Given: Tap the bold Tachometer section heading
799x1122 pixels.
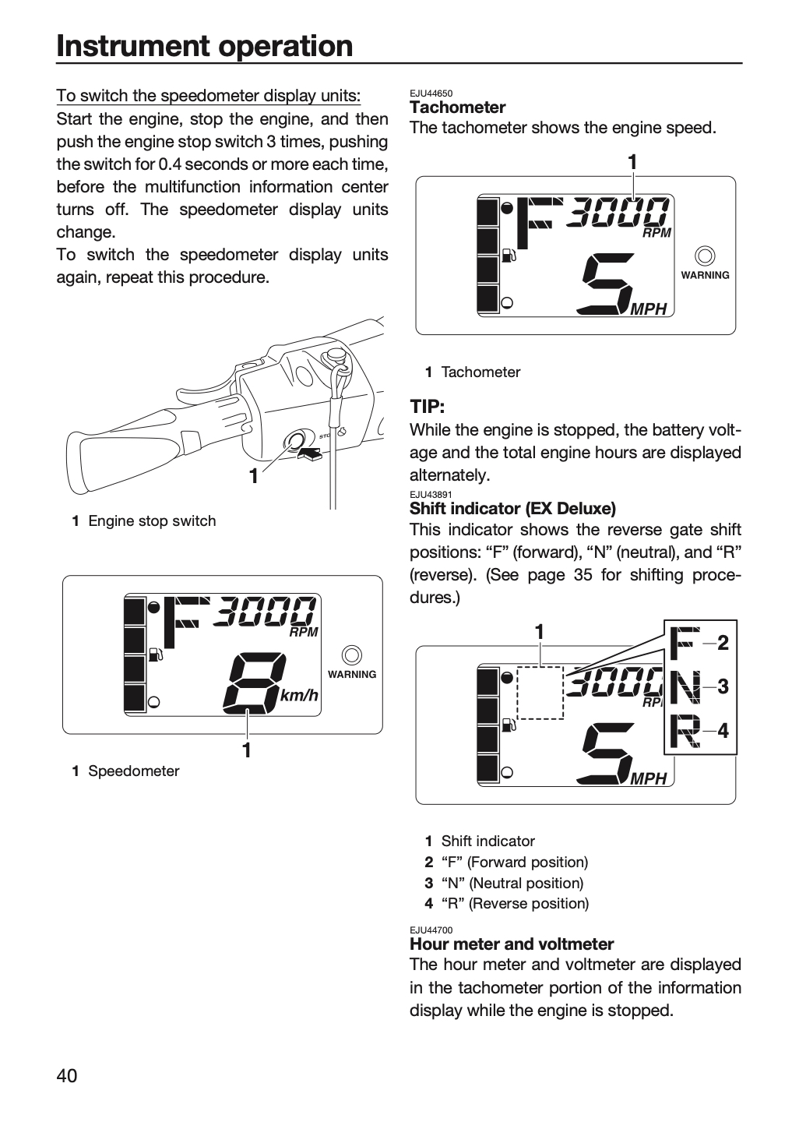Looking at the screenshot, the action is pyautogui.click(x=458, y=108).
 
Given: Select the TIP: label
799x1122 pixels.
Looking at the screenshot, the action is pyautogui.click(x=427, y=406).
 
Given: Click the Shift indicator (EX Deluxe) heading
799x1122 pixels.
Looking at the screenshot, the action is pyautogui.click(x=512, y=508).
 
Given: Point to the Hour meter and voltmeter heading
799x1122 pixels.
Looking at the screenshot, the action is pyautogui.click(x=512, y=944).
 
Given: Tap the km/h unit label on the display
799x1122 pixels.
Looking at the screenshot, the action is pyautogui.click(x=299, y=695).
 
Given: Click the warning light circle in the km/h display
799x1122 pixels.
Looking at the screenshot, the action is pyautogui.click(x=351, y=655).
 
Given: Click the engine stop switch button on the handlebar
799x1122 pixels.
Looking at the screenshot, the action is pyautogui.click(x=294, y=439).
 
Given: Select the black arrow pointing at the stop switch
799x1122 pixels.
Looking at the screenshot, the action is pyautogui.click(x=309, y=453).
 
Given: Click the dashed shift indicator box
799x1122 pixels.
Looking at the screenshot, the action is pyautogui.click(x=540, y=693).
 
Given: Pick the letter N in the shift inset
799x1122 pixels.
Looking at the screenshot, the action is pyautogui.click(x=685, y=686).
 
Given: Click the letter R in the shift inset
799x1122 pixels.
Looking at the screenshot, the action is pyautogui.click(x=685, y=732).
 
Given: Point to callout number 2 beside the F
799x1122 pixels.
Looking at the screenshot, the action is pyautogui.click(x=723, y=643).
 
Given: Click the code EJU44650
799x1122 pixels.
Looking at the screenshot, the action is pyautogui.click(x=431, y=93).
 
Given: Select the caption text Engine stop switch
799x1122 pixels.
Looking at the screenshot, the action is pyautogui.click(x=152, y=521).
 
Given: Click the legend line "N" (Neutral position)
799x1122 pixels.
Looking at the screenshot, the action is pyautogui.click(x=512, y=883).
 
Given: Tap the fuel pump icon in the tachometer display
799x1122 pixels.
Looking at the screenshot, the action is pyautogui.click(x=509, y=256).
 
